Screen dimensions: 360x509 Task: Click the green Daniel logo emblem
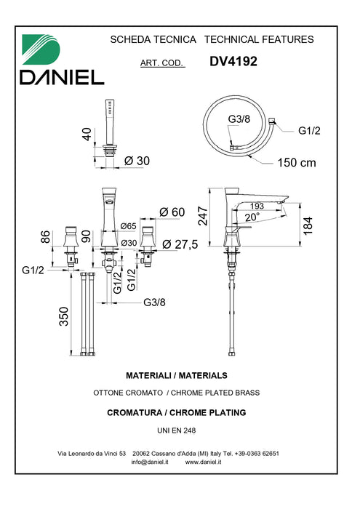[41, 49]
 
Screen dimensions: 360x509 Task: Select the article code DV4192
[233, 61]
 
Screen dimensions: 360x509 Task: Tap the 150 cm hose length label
[297, 162]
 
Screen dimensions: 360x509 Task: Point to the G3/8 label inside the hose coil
[239, 119]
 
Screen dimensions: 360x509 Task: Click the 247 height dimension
[203, 216]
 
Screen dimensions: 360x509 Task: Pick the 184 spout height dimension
[308, 225]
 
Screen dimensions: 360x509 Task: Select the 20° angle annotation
[252, 217]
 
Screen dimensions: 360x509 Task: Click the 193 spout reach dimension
[257, 206]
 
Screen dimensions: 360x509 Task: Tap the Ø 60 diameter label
[172, 212]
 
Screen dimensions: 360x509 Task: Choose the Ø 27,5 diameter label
[180, 244]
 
